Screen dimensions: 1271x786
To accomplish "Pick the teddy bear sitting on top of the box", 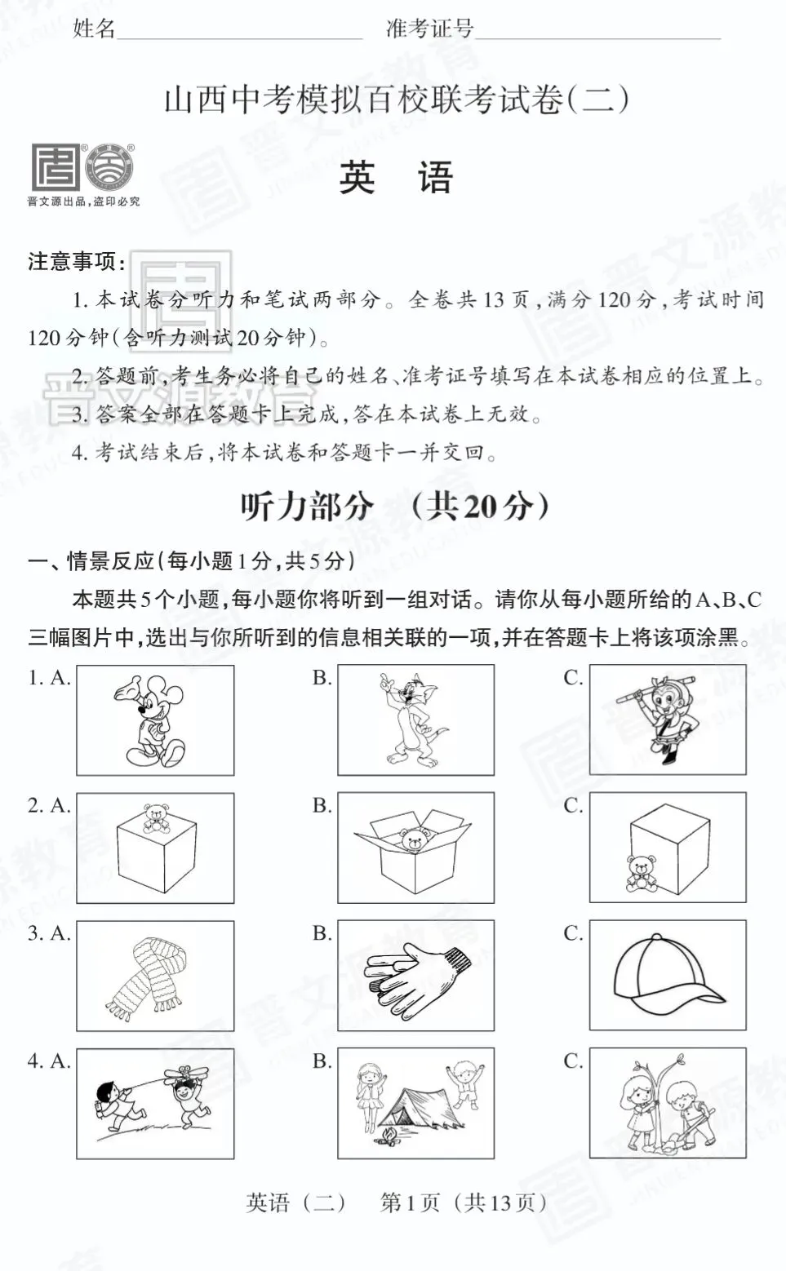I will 155,817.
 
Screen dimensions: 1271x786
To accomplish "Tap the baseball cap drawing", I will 665,975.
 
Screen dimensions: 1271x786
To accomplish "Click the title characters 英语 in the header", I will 396,177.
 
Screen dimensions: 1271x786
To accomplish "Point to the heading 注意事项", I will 76,262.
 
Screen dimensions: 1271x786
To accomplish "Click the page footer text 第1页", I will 410,1202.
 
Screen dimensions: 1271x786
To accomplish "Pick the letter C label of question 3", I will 573,932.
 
